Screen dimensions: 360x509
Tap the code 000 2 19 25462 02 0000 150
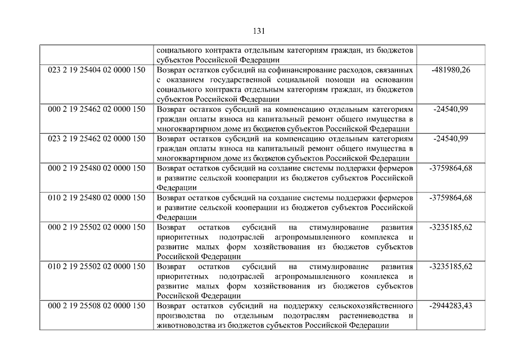96,109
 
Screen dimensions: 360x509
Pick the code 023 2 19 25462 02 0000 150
96,138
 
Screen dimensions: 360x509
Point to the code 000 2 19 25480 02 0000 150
96,168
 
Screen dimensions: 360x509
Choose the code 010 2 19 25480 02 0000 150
96,197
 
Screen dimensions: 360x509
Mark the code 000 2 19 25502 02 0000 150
96,227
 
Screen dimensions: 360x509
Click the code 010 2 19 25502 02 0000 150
96,266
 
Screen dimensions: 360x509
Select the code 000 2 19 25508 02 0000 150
96,305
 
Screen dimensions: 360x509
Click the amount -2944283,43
451,305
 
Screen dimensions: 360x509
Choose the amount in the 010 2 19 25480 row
451,197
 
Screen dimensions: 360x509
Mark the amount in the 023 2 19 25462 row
451,138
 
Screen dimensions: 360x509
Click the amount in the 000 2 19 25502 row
451,227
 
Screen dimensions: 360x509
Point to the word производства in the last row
181,316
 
